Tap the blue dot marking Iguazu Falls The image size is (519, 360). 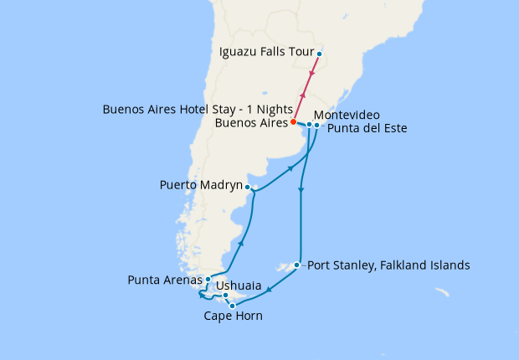319,54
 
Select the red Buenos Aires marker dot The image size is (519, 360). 293,123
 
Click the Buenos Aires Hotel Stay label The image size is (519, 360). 198,110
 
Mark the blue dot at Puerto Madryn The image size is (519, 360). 249,188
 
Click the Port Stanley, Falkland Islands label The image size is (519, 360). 388,265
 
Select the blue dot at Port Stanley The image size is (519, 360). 297,266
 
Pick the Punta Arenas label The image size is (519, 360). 165,280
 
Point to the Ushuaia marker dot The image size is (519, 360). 226,295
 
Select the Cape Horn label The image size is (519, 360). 233,316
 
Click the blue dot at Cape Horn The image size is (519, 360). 232,306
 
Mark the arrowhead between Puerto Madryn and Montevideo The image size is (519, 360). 290,169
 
